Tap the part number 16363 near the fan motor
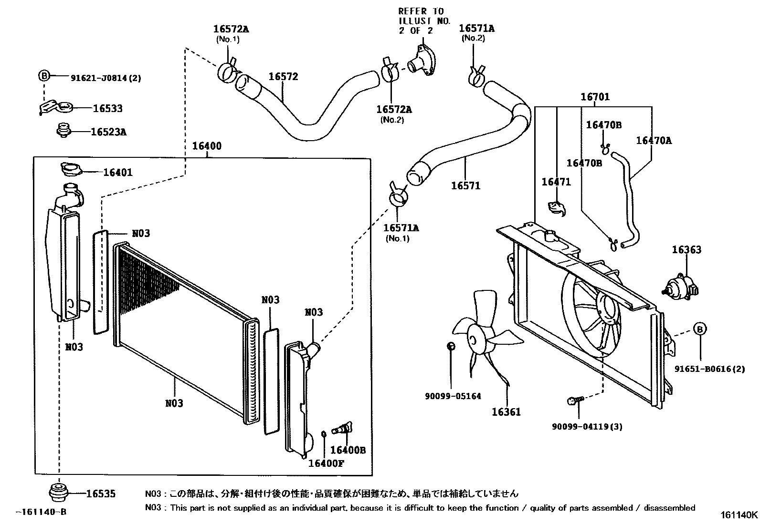tap(686, 250)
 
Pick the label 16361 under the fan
tap(506, 412)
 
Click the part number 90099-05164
tap(453, 396)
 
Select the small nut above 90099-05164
tap(451, 346)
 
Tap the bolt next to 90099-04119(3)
tap(573, 401)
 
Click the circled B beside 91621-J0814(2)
tap(43, 76)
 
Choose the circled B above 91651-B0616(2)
tap(699, 329)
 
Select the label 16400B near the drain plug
tap(348, 450)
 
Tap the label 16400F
tap(326, 462)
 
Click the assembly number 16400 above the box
tap(207, 146)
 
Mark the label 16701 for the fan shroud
tap(595, 97)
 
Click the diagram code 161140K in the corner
tap(739, 515)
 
